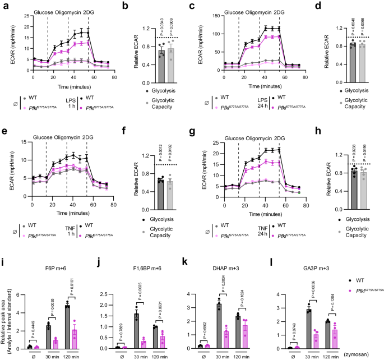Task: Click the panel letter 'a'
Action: pos(3,5)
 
